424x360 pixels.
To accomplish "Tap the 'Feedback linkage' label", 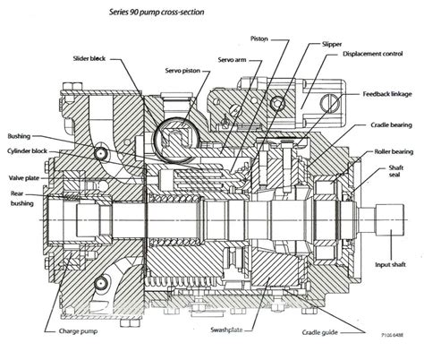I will tap(387, 93).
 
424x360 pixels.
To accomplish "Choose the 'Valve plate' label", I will tap(24, 165).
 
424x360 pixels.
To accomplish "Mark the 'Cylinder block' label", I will tap(30, 151).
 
